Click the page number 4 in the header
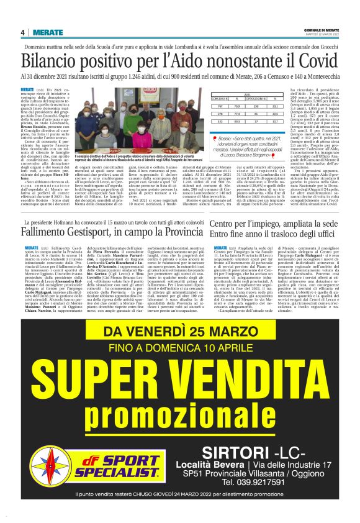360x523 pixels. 22,32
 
